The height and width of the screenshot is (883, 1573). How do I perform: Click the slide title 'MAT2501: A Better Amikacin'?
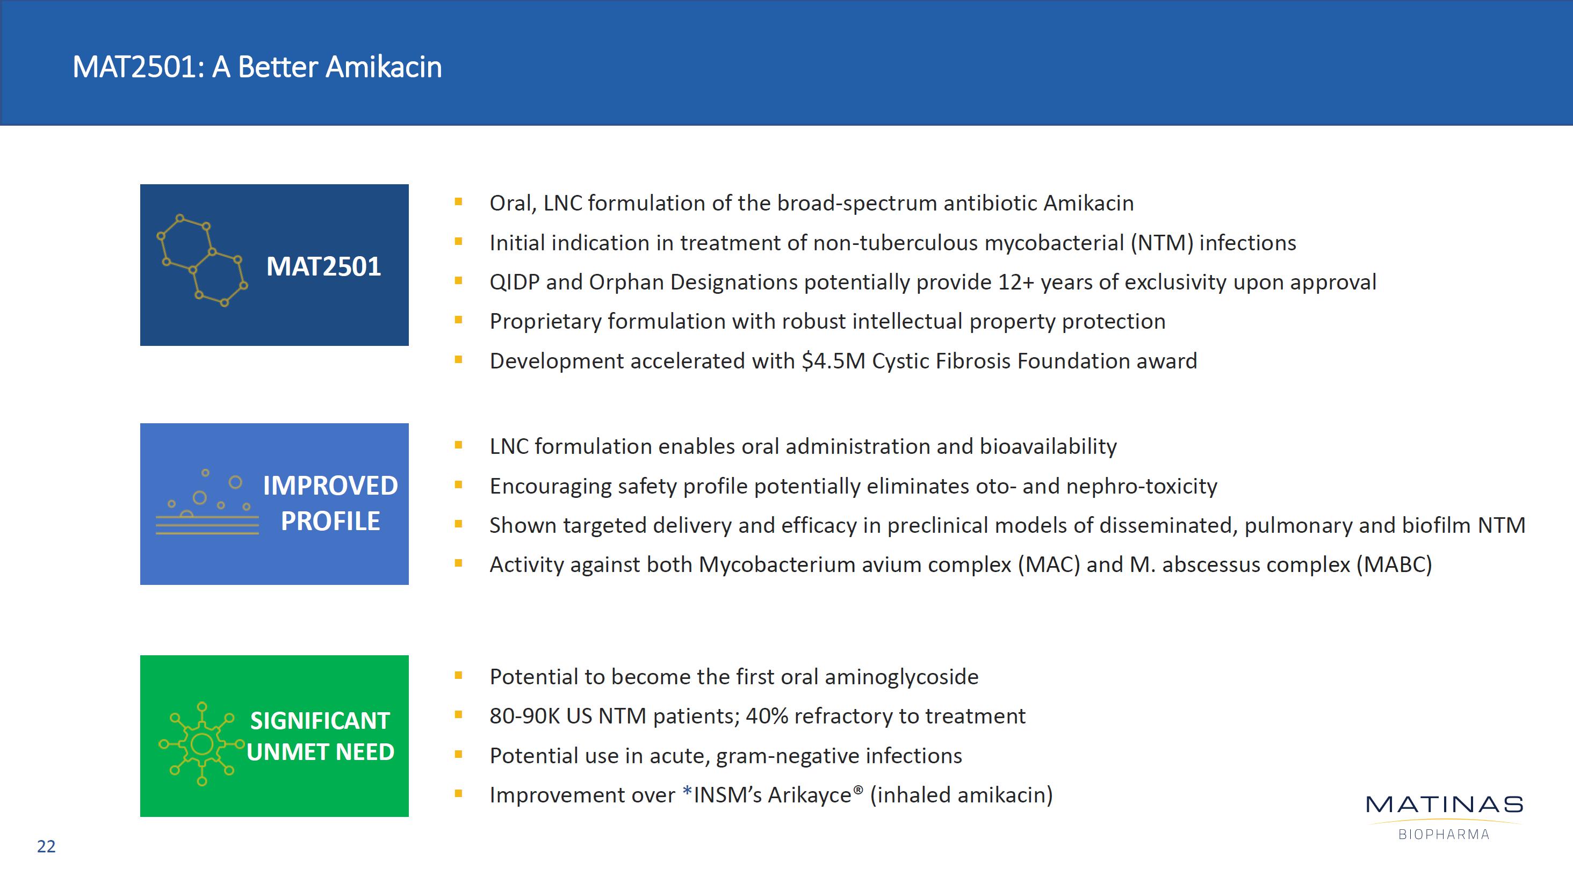tap(257, 67)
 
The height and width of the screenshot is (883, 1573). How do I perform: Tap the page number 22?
tap(46, 846)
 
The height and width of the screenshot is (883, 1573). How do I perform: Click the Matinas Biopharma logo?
tap(1444, 817)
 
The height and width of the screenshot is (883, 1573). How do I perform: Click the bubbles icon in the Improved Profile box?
tap(207, 502)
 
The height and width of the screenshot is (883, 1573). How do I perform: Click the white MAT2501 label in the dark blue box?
tap(323, 266)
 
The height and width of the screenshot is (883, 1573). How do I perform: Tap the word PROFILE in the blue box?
tap(330, 522)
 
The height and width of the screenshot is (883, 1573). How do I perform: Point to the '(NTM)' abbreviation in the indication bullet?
tap(1161, 243)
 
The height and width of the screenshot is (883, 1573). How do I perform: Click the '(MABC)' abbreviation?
tap(1394, 565)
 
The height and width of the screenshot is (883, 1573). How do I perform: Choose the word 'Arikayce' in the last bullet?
tap(810, 795)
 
